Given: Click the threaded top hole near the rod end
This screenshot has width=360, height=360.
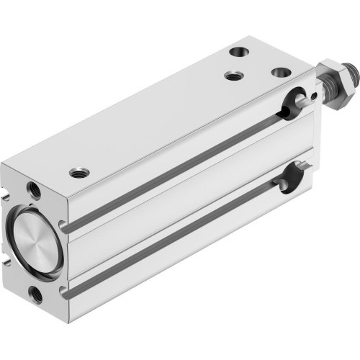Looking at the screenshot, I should (233, 74).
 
